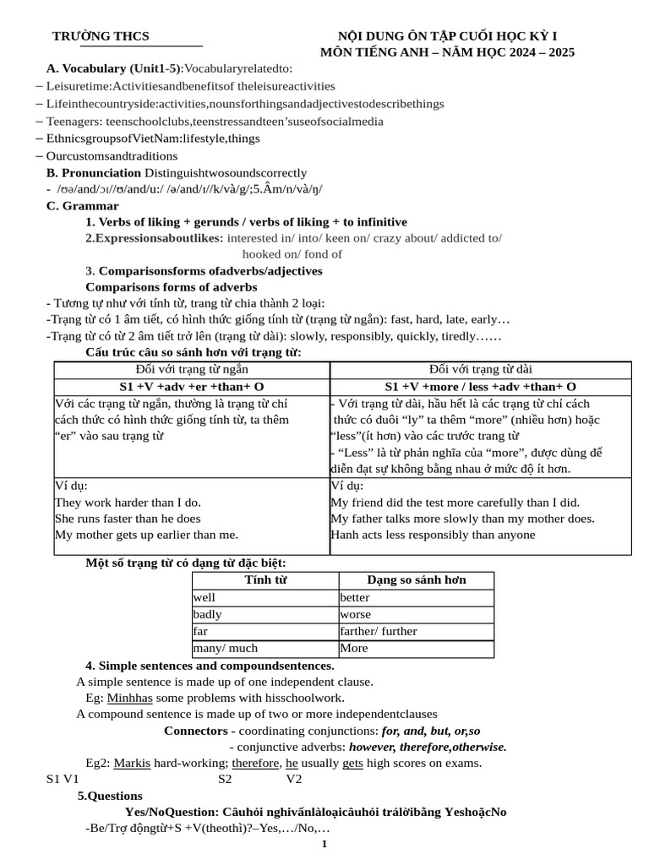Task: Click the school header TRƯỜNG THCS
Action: (x=101, y=35)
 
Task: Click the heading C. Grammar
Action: (x=82, y=205)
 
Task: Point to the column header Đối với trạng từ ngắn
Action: (x=192, y=369)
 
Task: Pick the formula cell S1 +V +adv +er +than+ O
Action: (x=192, y=386)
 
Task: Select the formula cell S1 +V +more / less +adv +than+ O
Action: (x=480, y=386)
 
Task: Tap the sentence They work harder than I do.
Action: (x=128, y=502)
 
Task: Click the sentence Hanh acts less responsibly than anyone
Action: (x=433, y=535)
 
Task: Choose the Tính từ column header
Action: (x=265, y=579)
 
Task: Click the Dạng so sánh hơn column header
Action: (x=416, y=579)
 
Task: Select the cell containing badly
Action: (x=210, y=614)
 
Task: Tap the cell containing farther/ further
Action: (x=379, y=631)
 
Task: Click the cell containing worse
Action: (x=355, y=614)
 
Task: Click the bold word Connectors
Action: (x=195, y=730)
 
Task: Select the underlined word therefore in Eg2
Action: (x=255, y=763)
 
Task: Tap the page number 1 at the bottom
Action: (x=324, y=844)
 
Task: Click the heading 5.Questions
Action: (x=110, y=796)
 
